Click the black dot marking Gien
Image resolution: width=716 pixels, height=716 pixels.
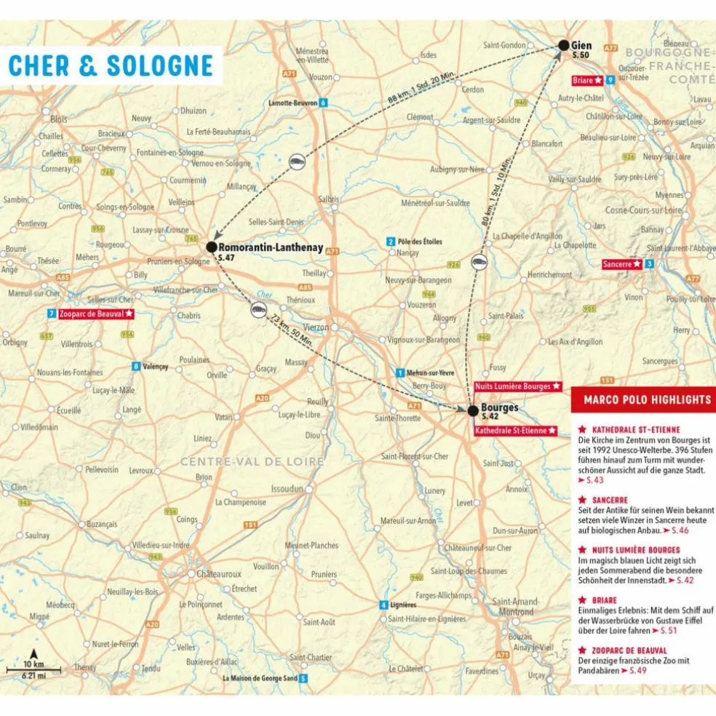(563, 45)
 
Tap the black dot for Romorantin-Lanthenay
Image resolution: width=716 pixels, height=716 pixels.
(211, 247)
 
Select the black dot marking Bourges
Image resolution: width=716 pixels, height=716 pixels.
(473, 411)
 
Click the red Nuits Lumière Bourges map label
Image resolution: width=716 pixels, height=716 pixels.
(518, 386)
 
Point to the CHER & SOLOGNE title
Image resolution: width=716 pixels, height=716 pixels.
(111, 65)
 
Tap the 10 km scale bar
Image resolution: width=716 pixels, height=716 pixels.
(33, 668)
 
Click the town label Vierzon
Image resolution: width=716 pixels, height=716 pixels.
(316, 327)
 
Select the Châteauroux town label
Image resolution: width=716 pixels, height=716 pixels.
(216, 573)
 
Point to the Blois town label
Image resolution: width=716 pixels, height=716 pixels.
(58, 119)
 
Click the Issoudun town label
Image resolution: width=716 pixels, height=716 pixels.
(287, 489)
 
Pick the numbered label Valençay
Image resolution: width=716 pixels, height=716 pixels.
(155, 367)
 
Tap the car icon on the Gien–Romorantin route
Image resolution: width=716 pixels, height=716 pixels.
(296, 162)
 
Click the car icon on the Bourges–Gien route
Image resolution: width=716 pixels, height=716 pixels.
(478, 263)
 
